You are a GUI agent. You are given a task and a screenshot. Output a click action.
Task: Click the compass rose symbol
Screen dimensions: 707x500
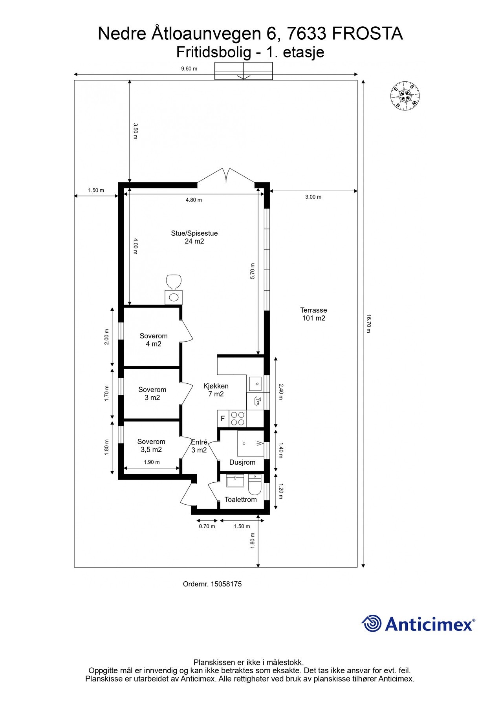[x=405, y=95]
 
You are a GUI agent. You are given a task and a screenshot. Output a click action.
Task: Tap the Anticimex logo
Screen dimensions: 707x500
[x=418, y=624]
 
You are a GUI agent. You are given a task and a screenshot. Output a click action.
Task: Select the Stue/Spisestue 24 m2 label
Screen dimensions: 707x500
[x=194, y=237]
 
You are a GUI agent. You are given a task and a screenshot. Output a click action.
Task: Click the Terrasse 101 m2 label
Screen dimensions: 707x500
[x=313, y=314]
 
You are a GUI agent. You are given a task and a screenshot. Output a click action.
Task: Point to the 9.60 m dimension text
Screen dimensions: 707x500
[x=189, y=69]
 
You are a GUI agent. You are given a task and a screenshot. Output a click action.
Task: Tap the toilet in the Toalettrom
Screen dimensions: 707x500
[x=255, y=485]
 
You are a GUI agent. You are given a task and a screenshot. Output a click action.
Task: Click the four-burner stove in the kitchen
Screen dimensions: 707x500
[x=237, y=418]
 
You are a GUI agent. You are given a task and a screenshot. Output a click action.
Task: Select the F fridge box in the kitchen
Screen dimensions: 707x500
[x=223, y=419]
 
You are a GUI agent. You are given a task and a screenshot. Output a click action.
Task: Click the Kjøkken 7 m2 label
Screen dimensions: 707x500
[x=216, y=390]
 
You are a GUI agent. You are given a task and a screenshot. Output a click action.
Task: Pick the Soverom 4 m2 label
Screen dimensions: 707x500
[x=154, y=340]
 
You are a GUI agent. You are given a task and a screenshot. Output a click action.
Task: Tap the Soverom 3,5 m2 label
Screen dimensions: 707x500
[x=151, y=446]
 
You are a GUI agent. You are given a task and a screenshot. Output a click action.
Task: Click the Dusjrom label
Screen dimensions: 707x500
[x=242, y=462]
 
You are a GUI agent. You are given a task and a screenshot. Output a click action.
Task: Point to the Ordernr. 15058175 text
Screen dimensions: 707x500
[x=212, y=584]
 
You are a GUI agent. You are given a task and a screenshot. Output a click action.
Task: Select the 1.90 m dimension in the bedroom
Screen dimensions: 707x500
[x=152, y=462]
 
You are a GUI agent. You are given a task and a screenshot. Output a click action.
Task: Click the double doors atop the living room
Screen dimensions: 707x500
[x=226, y=176]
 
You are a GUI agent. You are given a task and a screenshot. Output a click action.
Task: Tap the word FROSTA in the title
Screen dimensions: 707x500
[x=367, y=34]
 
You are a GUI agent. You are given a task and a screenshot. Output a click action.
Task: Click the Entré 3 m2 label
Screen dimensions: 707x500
[x=199, y=446]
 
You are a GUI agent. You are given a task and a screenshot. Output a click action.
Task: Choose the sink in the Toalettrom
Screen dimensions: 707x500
[x=235, y=481]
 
